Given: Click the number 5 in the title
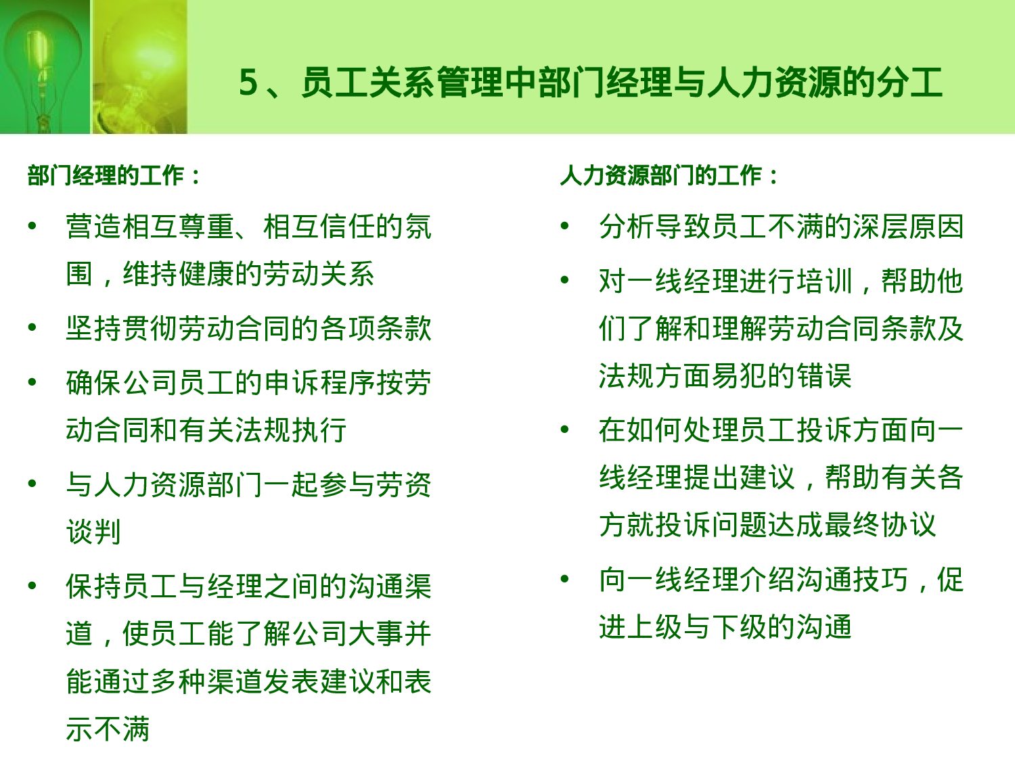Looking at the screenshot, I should [x=248, y=83].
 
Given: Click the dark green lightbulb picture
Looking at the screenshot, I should [x=45, y=66].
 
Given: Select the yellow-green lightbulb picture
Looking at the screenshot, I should [x=139, y=66].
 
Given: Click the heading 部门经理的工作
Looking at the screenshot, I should [x=106, y=176].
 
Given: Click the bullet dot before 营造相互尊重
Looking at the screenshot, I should [x=32, y=226].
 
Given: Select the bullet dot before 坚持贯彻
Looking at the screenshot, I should [x=32, y=328].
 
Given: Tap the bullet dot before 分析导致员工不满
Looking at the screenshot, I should [x=565, y=226].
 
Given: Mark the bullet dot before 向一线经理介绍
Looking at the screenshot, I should [x=565, y=579].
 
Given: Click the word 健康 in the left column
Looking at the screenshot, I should [x=207, y=274].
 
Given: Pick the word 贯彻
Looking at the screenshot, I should [x=150, y=329].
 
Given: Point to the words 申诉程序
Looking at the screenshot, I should [x=320, y=383].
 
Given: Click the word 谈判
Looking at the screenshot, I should [x=93, y=532].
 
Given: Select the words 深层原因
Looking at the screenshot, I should [x=908, y=227].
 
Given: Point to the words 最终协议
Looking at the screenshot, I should [x=880, y=525].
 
